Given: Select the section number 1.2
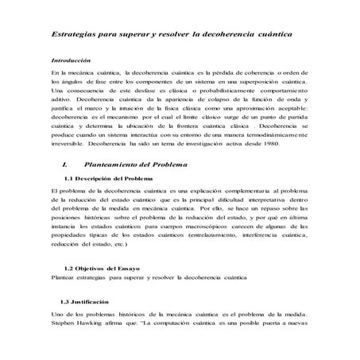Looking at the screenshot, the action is click(69, 269).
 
